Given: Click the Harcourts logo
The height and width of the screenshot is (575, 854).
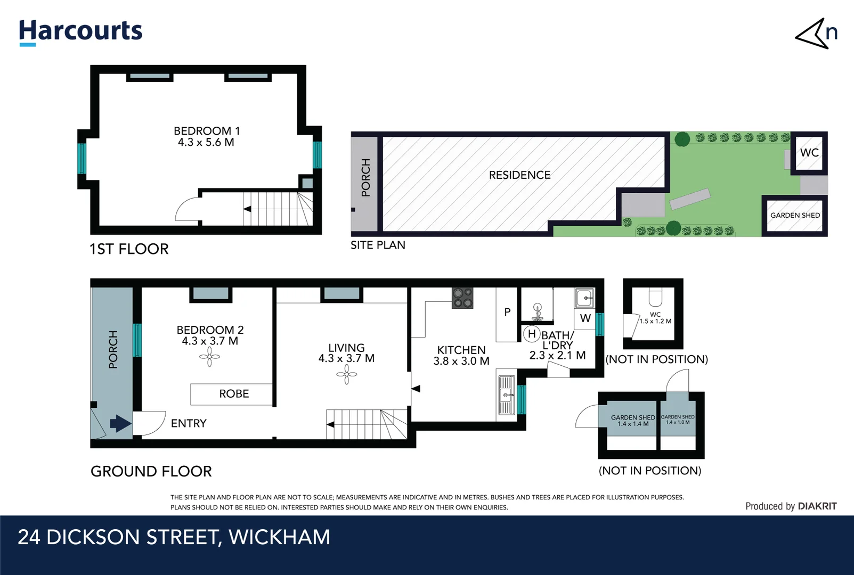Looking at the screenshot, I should (80, 31).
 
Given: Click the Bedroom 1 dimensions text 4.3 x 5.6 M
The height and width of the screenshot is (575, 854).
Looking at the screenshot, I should (206, 142).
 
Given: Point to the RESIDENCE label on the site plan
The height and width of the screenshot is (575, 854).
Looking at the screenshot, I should (519, 175).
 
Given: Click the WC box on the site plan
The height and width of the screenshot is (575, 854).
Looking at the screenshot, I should (809, 153).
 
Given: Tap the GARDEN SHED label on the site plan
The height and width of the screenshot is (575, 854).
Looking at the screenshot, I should (795, 215).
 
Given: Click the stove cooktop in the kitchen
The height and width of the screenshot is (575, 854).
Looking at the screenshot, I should (462, 298).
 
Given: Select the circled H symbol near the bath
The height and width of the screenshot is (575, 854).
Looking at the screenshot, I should (531, 334).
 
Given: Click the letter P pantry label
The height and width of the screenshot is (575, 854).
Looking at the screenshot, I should (507, 312).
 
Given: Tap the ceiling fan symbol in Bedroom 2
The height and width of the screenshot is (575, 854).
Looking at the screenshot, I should (209, 357).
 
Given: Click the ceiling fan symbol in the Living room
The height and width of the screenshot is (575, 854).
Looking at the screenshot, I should (346, 375).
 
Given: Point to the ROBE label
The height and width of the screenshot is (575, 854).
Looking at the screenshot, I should (234, 393).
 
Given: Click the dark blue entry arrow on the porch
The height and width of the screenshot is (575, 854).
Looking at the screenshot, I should (120, 424).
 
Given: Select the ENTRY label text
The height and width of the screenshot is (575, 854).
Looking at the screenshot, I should (189, 423).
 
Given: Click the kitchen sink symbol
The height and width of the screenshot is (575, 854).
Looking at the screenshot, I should (506, 395).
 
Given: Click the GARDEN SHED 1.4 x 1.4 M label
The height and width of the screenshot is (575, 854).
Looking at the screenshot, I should (633, 421).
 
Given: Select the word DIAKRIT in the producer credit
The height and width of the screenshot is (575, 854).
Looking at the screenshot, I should (817, 506).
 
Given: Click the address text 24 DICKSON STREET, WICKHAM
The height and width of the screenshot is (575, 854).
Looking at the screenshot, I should (174, 537).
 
